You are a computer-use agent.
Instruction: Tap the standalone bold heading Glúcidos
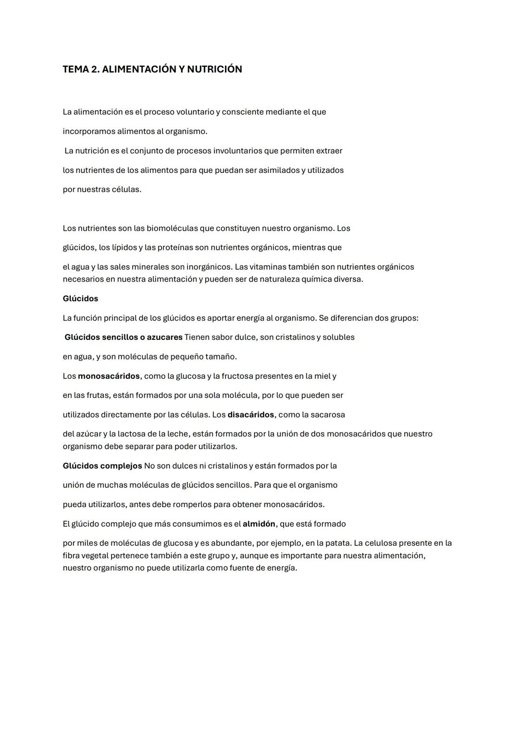80,299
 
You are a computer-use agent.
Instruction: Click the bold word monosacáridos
109,376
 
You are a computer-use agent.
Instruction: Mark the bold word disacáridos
250,414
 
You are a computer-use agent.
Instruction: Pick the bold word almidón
259,524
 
